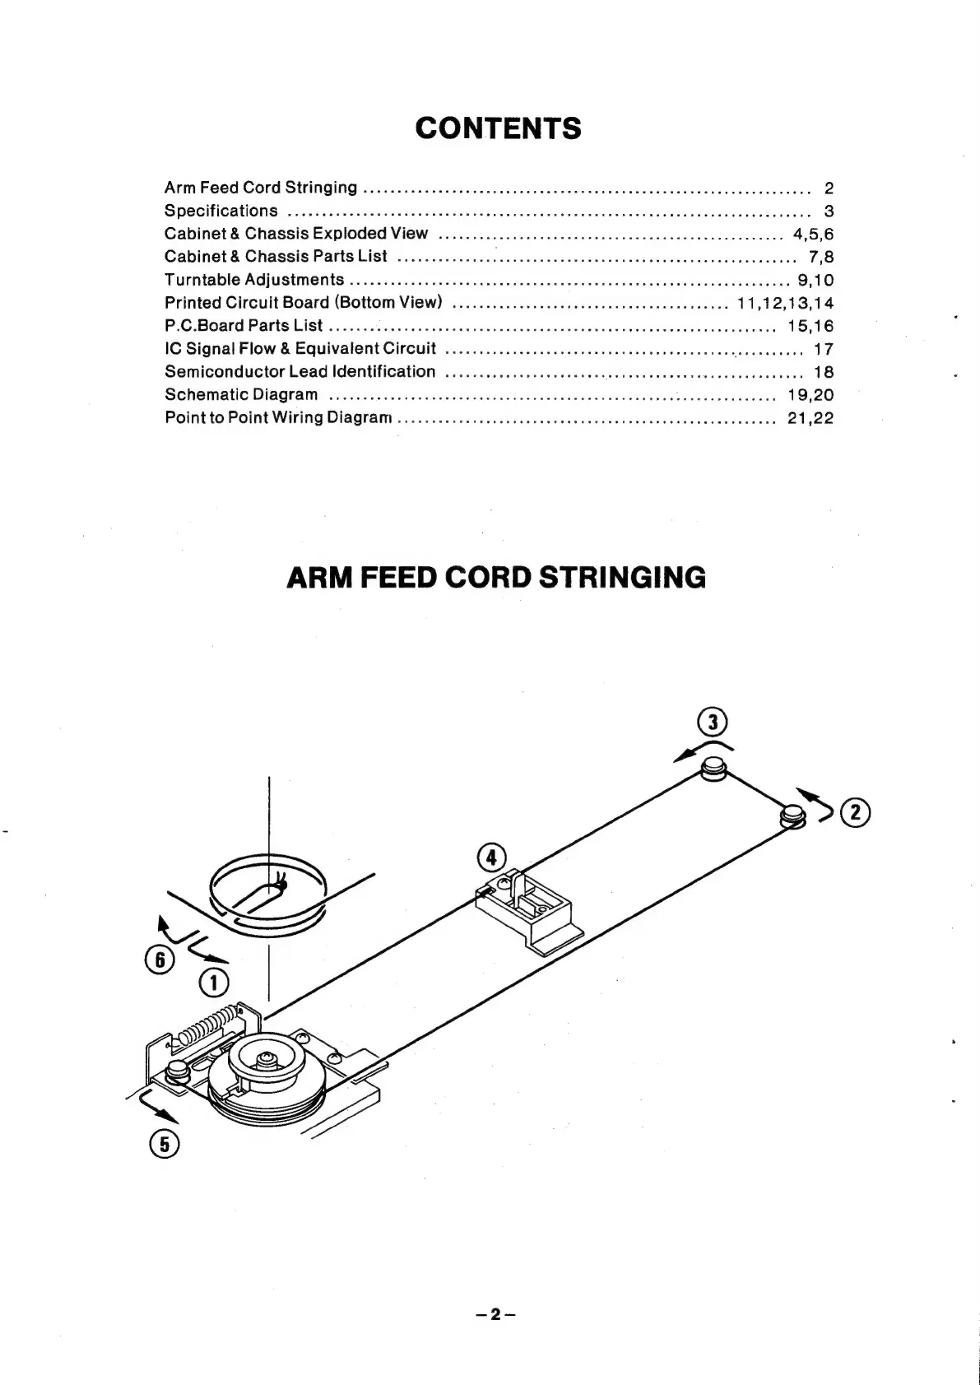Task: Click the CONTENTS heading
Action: coord(498,128)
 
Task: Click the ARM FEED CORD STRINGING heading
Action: coord(496,577)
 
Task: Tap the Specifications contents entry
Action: coord(221,211)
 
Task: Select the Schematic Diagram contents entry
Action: coord(241,394)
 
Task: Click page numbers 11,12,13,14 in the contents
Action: coord(785,303)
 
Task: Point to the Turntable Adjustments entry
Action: coord(254,280)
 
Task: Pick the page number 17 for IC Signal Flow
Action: coord(824,349)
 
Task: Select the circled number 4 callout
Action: coord(491,857)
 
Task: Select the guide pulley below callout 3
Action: coord(713,772)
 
